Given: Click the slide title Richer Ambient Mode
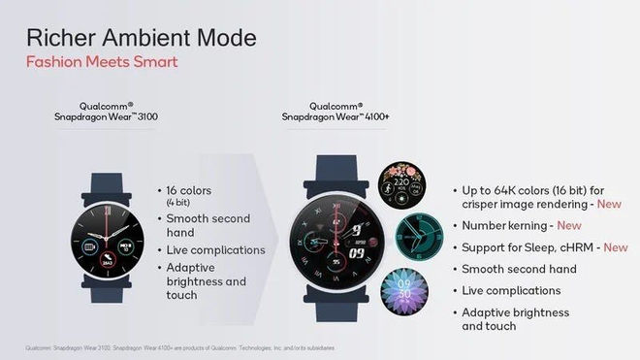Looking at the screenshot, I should pyautogui.click(x=142, y=39).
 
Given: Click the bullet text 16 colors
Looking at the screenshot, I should pyautogui.click(x=189, y=190).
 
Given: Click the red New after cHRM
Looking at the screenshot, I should pyautogui.click(x=616, y=247).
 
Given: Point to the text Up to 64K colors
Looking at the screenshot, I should pyautogui.click(x=514, y=188).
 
